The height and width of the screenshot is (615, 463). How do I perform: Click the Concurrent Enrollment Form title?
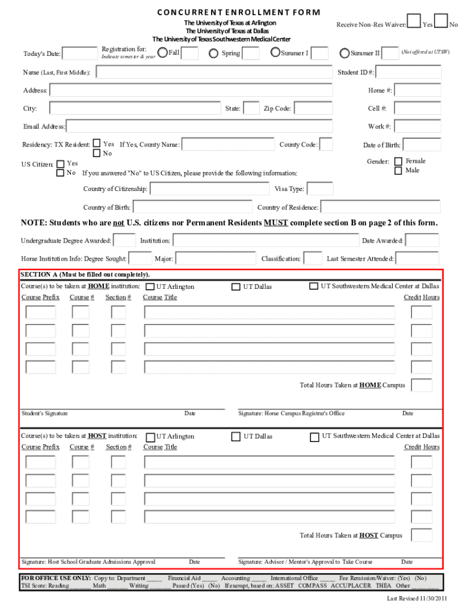(x=238, y=12)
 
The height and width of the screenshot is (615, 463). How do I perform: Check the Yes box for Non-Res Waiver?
(x=414, y=22)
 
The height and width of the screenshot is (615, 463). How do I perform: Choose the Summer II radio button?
(x=345, y=53)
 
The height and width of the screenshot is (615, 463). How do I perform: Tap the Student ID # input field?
(x=409, y=73)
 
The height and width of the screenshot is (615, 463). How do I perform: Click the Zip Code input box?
(x=313, y=109)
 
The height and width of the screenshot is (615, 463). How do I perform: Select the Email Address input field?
(x=199, y=127)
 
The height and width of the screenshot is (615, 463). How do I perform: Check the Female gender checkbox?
(x=398, y=162)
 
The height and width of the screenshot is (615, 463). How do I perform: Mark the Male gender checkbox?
(x=398, y=171)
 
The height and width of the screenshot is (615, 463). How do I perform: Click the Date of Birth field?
(x=422, y=145)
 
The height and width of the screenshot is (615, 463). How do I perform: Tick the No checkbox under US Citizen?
(x=60, y=173)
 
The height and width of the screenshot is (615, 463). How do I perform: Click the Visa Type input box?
(x=320, y=189)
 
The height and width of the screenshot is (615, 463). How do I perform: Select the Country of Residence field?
(x=380, y=207)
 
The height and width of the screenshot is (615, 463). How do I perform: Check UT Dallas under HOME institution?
(x=236, y=287)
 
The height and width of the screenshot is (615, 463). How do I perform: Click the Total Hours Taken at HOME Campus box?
(x=422, y=385)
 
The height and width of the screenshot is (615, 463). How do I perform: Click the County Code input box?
(x=326, y=145)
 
